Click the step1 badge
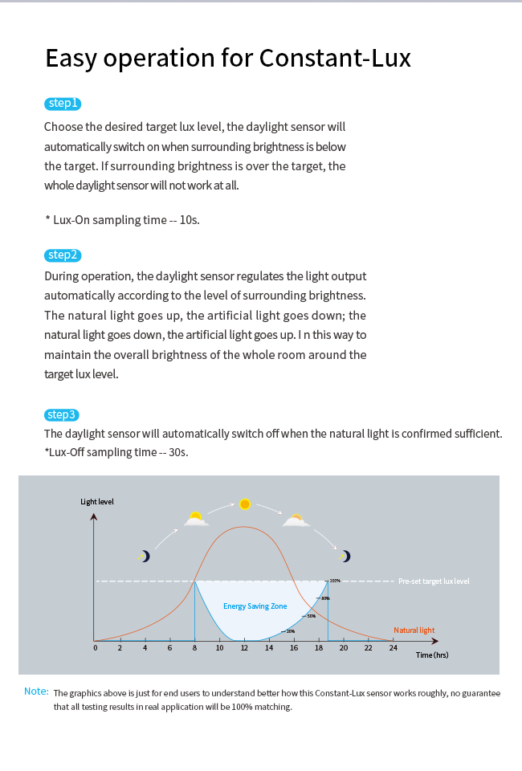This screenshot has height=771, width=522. (x=63, y=104)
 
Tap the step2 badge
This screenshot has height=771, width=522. (x=63, y=255)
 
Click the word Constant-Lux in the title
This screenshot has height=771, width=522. (x=335, y=58)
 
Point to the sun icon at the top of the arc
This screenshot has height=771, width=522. (x=245, y=504)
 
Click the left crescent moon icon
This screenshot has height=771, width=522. (x=145, y=556)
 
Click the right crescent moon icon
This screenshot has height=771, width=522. (x=345, y=556)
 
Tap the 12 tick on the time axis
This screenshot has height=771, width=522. (x=244, y=647)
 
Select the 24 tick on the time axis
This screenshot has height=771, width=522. (x=393, y=647)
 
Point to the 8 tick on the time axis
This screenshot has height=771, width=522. (x=194, y=647)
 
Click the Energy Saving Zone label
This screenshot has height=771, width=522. (x=255, y=606)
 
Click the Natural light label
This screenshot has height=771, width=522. (x=414, y=630)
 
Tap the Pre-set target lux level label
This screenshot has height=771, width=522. (x=434, y=581)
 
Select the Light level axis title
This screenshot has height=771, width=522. (x=97, y=502)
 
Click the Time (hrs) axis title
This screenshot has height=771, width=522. (x=432, y=655)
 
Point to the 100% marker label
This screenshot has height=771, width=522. (x=335, y=580)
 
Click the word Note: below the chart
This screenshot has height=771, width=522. (x=36, y=691)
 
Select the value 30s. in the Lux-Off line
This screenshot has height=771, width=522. (x=178, y=452)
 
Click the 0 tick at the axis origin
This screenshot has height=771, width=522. (x=95, y=647)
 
